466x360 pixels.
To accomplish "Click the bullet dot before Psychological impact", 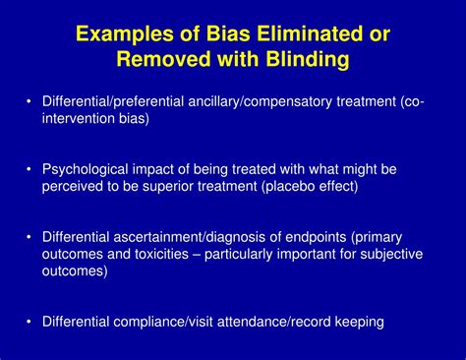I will point(29,167).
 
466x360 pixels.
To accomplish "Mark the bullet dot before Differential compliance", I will point(29,321).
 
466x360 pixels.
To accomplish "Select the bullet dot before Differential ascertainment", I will point(29,235).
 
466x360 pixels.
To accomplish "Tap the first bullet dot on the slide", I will point(29,100).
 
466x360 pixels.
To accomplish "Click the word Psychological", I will point(86,167).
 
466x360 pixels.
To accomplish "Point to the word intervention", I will point(77,118).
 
